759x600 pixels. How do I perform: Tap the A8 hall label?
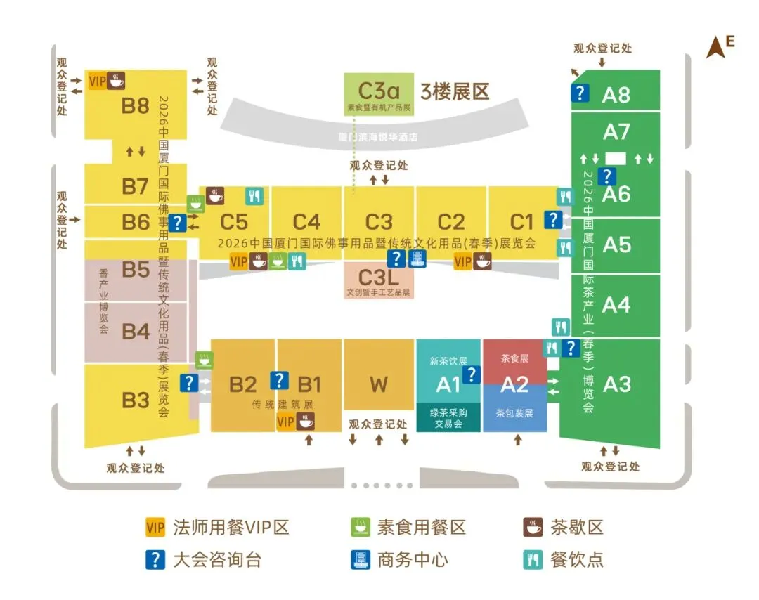point(616,95)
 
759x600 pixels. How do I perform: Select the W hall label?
point(378,384)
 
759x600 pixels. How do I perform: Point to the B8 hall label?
point(135,106)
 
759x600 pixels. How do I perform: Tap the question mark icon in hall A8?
point(580,93)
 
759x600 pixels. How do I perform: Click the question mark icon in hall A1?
point(472,374)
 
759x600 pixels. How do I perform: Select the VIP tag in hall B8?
point(97,81)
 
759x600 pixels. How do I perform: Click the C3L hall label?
point(378,276)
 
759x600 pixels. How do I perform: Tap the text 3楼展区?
point(454,91)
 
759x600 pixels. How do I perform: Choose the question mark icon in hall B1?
point(279,380)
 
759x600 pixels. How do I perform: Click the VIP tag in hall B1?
point(286,422)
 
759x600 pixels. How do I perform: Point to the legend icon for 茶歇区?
point(532,527)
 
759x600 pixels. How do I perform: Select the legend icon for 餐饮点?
point(532,559)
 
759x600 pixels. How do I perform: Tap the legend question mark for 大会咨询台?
point(155,559)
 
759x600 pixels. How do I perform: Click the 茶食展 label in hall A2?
point(514,358)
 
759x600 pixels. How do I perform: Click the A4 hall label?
point(616,305)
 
